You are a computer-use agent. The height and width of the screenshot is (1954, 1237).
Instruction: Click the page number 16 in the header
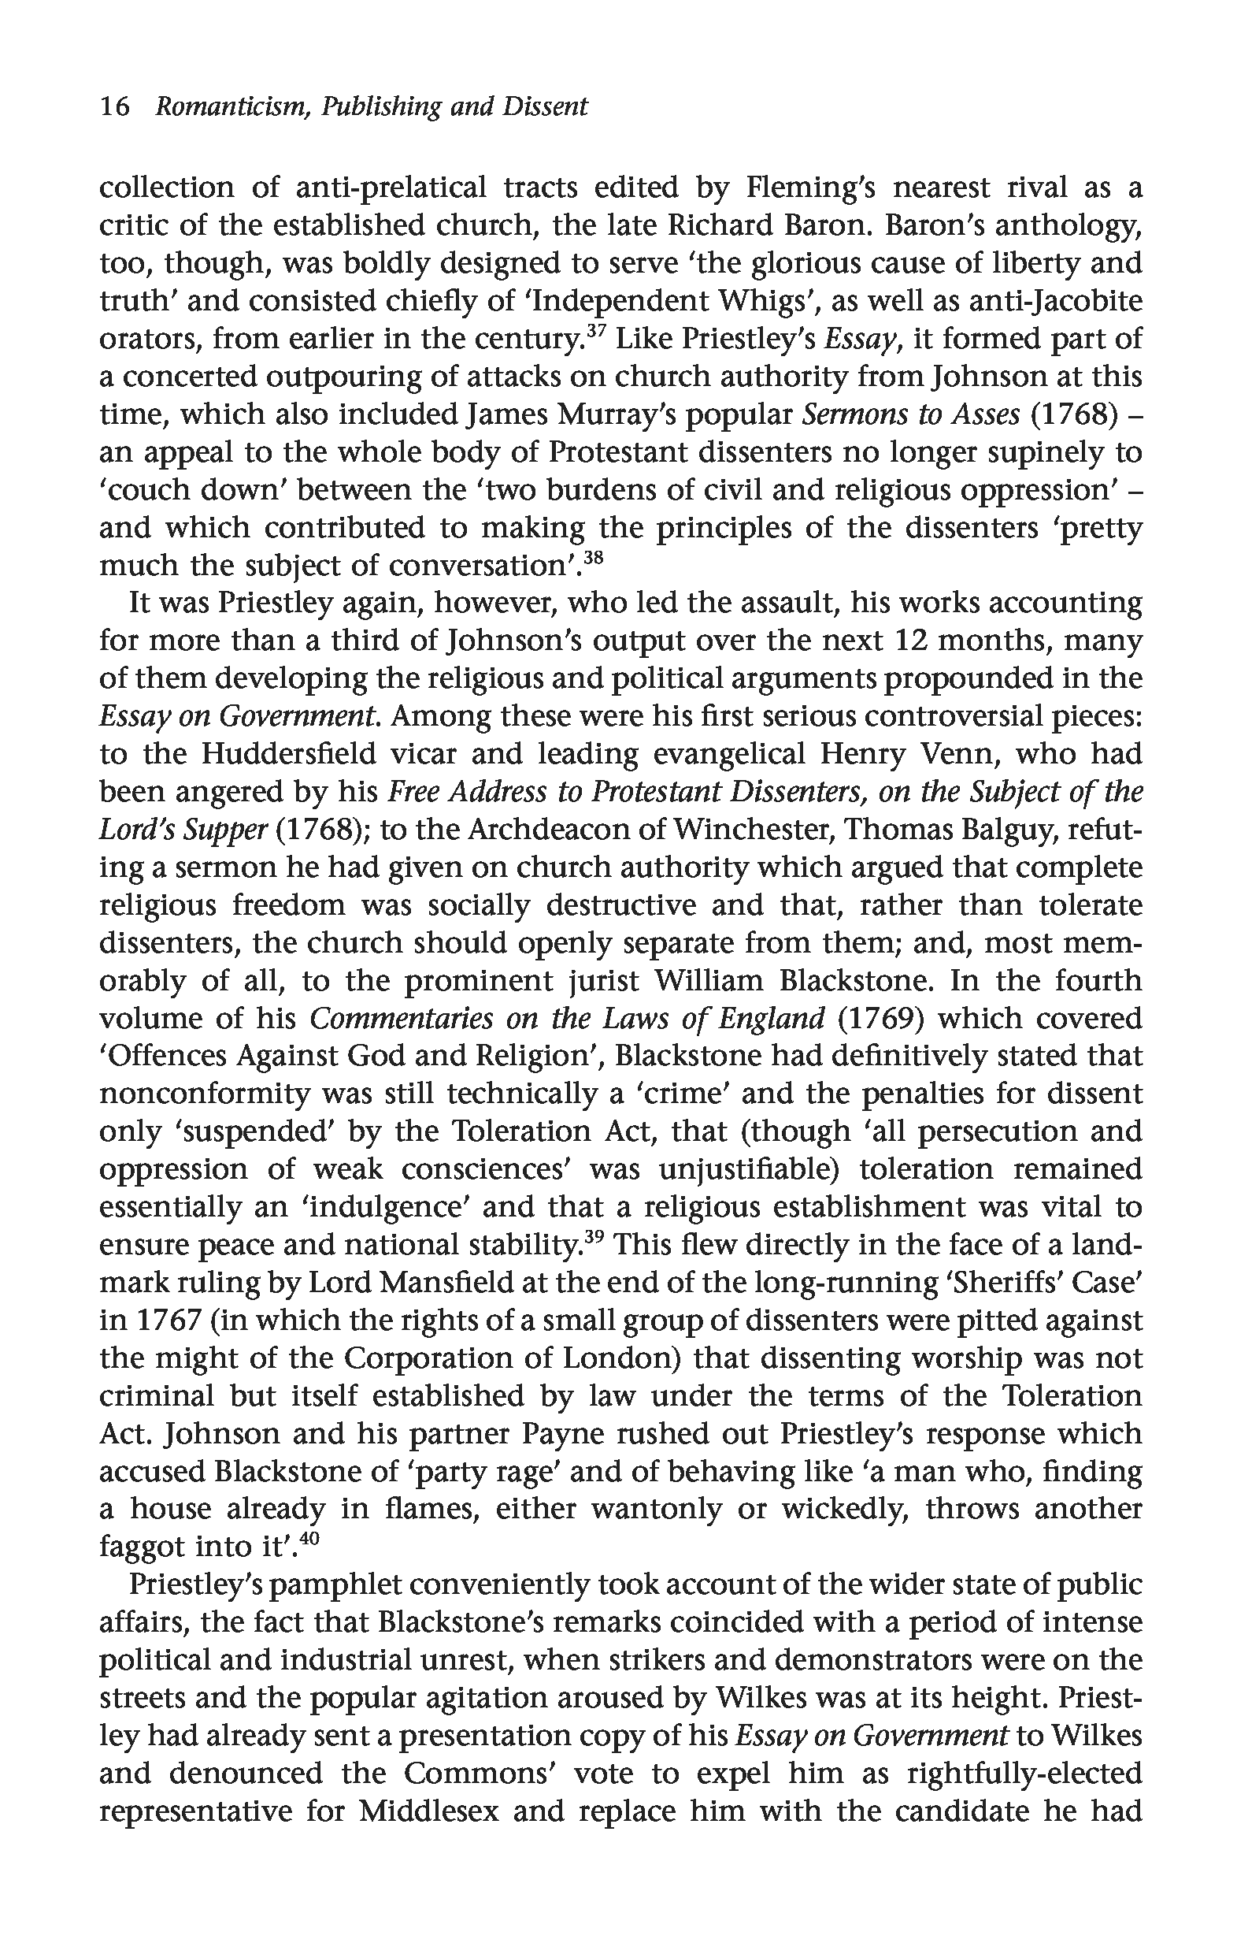pos(114,106)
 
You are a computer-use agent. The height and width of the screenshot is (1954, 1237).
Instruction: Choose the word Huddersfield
pos(289,754)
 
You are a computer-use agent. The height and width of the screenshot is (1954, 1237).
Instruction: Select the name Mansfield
pos(449,1283)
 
